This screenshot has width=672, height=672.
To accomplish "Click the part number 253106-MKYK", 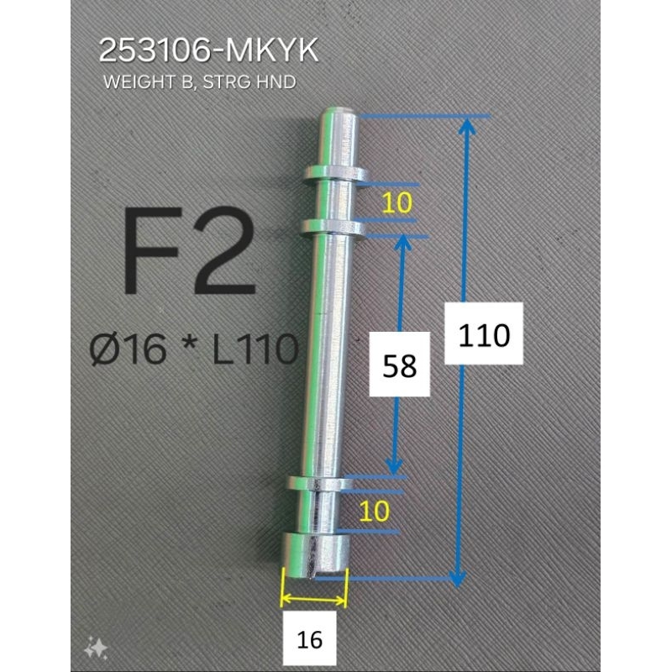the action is click(208, 50).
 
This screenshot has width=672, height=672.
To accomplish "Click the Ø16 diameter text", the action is click(128, 349).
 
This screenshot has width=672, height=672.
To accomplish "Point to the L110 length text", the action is click(255, 349).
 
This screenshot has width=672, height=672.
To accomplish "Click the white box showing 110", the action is click(484, 333).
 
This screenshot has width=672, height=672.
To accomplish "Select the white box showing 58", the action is click(400, 364).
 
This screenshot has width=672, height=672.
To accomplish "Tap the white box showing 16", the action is click(309, 640).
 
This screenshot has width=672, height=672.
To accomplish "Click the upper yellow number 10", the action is click(396, 202).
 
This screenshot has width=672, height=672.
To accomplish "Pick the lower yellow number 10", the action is click(375, 511).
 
